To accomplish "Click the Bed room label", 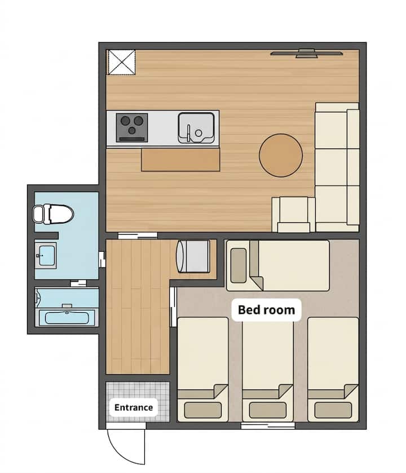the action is click(267, 310).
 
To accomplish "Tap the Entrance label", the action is click(134, 408).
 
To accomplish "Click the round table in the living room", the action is click(281, 155).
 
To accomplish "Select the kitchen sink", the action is click(196, 128).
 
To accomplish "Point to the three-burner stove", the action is click(132, 128).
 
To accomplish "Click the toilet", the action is click(53, 214).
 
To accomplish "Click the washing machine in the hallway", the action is click(193, 256).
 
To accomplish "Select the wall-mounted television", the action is click(307, 53).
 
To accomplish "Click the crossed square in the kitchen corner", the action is click(122, 62).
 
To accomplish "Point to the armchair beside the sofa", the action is click(294, 214).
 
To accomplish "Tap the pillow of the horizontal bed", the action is click(238, 265).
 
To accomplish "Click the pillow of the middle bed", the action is click(268, 410).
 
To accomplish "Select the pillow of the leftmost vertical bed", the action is click(202, 410).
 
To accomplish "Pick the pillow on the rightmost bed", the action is click(333, 410).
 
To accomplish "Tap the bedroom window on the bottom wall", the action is click(268, 426).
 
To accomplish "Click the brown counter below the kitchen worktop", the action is click(180, 160).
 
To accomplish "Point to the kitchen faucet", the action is click(189, 133).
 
